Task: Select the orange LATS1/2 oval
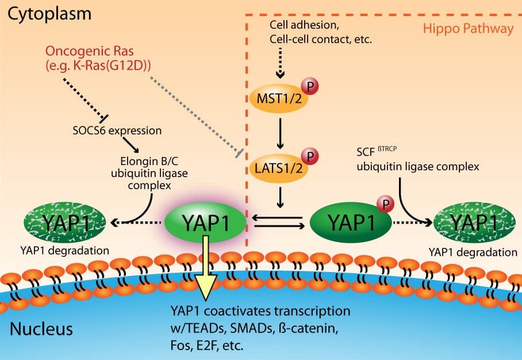point(278,168)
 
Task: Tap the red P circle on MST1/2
point(310,86)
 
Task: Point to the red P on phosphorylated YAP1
point(385,202)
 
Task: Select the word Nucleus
point(41,330)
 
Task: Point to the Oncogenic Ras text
point(98,59)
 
